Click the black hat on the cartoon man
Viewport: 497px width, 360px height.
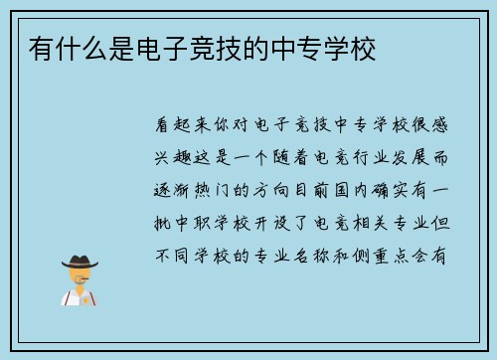point(79,261)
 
